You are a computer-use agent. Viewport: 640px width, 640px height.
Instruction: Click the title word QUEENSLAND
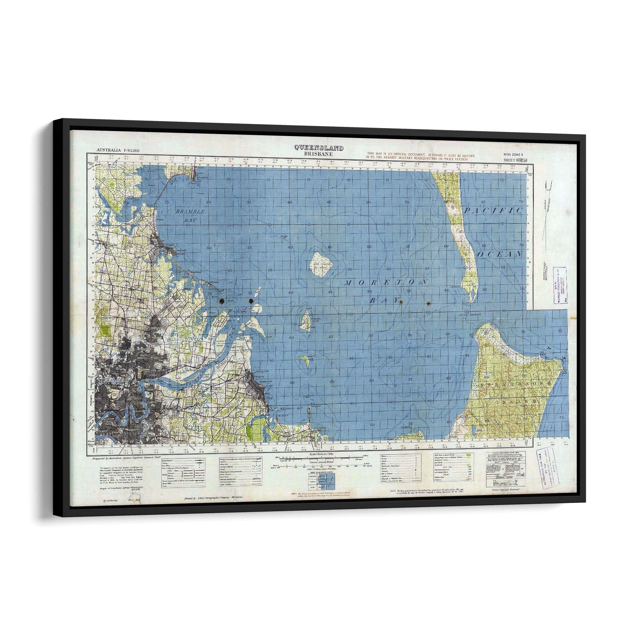click(319, 148)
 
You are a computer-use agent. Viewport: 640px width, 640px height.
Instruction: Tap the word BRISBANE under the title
click(319, 154)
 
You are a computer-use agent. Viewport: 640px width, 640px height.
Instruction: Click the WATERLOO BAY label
click(289, 409)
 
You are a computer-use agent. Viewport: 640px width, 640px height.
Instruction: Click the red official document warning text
click(420, 157)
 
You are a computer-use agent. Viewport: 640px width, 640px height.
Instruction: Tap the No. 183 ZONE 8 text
click(512, 155)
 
